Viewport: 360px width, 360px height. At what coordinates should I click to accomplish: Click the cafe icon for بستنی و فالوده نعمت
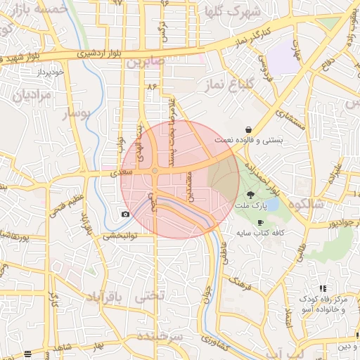(x=250, y=129)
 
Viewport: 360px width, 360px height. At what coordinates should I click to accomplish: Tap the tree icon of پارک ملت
(x=250, y=194)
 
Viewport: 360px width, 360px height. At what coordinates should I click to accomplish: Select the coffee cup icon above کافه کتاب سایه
(x=261, y=222)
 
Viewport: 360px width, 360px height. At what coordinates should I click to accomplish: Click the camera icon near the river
(x=125, y=214)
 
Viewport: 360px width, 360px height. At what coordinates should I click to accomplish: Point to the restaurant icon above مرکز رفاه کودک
(x=323, y=288)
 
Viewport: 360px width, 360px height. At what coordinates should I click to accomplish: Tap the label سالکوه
(x=319, y=205)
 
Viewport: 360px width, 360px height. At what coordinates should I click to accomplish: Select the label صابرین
(x=145, y=62)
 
